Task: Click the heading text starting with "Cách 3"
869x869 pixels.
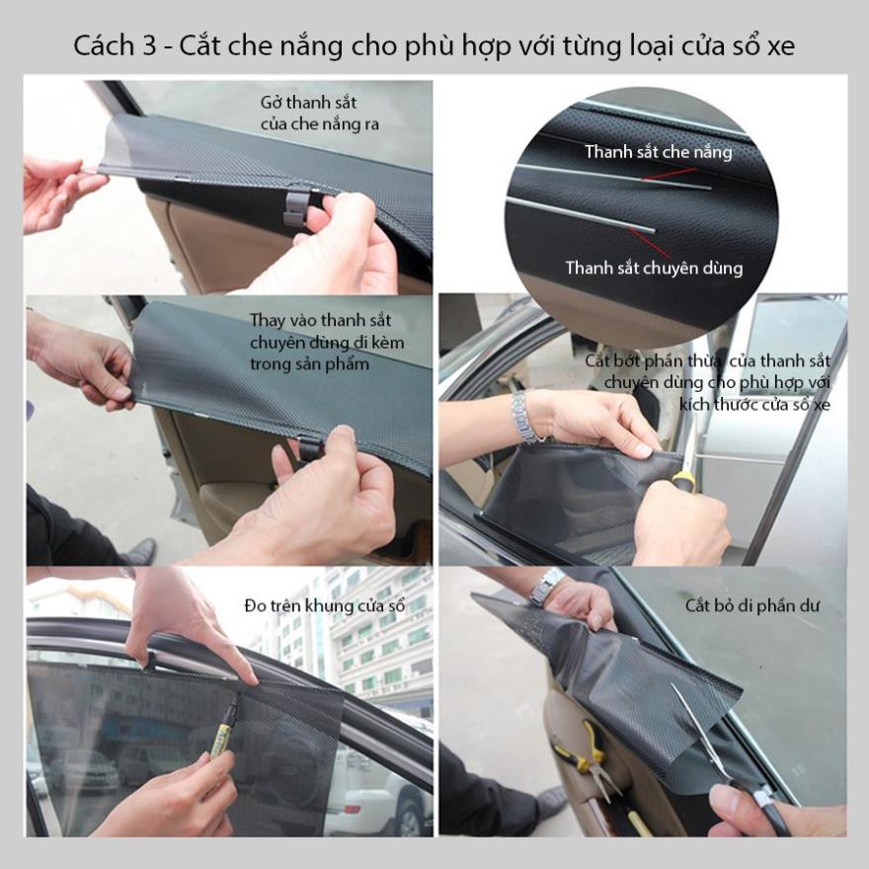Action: point(434,46)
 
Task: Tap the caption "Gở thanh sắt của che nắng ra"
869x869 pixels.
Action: point(319,114)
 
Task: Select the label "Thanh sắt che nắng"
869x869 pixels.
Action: point(658,152)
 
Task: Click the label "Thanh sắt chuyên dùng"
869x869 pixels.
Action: point(654,268)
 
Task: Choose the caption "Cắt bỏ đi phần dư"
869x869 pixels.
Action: point(752,605)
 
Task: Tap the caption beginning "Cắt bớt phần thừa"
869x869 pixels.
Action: point(707,382)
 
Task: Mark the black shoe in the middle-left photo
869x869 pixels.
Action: point(138,551)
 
